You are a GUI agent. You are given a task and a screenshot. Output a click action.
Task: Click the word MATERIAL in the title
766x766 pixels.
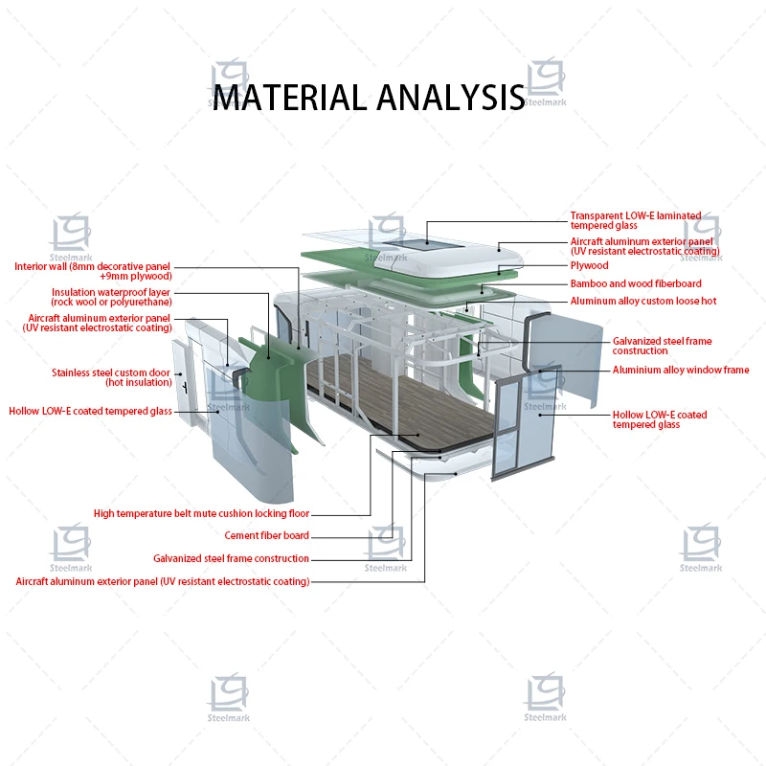point(288,98)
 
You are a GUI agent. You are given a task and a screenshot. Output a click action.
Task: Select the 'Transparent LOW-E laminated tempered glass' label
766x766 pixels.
point(636,220)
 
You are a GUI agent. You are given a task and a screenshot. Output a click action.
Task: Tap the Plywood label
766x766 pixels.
point(590,265)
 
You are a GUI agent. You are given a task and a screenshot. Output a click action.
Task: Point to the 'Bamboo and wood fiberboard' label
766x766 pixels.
point(636,283)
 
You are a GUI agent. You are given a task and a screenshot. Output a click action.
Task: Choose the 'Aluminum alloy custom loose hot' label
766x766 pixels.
point(643,301)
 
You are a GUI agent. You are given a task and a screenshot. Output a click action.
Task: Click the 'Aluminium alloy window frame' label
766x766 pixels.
point(681,371)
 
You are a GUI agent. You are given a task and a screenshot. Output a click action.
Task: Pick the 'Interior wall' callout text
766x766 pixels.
point(93,267)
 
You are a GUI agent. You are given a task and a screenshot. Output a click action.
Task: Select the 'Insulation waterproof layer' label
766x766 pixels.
point(112,292)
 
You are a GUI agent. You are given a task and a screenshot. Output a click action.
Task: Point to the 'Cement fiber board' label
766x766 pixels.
point(267,536)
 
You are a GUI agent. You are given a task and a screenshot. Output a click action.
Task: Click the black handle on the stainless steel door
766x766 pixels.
point(182,382)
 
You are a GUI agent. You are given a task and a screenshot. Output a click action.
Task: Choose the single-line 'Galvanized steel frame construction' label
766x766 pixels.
point(231,558)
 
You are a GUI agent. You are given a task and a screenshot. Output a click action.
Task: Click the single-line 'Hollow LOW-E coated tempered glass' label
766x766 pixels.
point(90,412)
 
